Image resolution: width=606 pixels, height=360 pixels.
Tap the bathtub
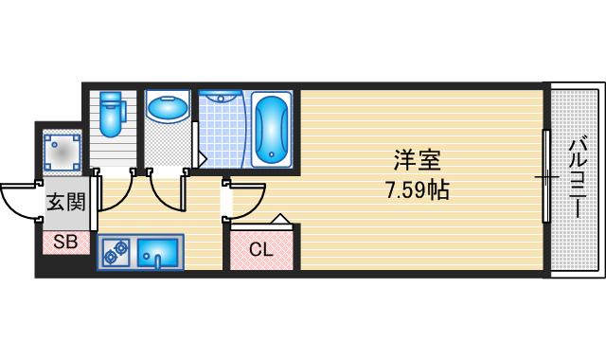(273, 127)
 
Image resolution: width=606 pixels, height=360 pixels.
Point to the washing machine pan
(63, 149)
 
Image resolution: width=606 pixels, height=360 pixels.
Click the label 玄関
(66, 202)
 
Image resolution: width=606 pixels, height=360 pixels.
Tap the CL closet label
(262, 250)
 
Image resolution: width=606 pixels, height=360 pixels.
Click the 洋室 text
(416, 161)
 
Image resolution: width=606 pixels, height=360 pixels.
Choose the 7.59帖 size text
(417, 189)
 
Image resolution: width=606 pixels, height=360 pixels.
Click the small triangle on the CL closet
(280, 221)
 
